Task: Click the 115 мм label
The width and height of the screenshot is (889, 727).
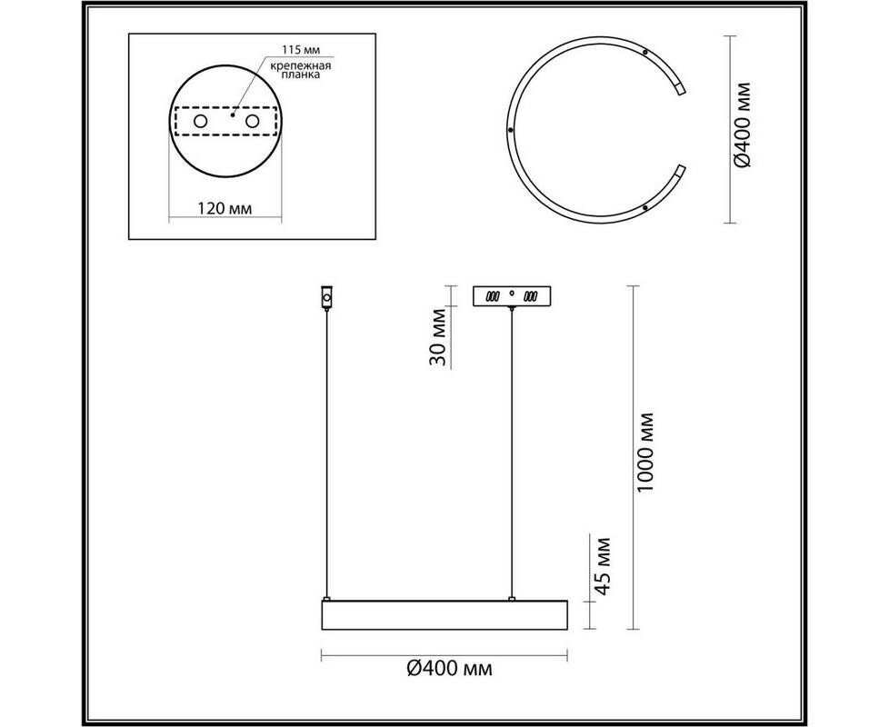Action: point(302,50)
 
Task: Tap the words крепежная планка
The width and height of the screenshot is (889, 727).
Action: point(301,70)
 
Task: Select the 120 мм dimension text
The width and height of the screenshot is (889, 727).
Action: point(225,208)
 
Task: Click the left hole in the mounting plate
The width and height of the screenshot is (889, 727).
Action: point(201,121)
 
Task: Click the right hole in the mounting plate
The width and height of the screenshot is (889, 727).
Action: point(253,121)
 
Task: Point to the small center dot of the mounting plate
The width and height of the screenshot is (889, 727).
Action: point(233,115)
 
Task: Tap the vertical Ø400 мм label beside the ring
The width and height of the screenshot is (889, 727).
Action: point(742,125)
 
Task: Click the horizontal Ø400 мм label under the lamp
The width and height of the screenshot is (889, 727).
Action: point(450,669)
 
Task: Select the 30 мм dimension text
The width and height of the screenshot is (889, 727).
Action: point(439,337)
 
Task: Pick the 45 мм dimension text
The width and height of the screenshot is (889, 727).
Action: point(602,566)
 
